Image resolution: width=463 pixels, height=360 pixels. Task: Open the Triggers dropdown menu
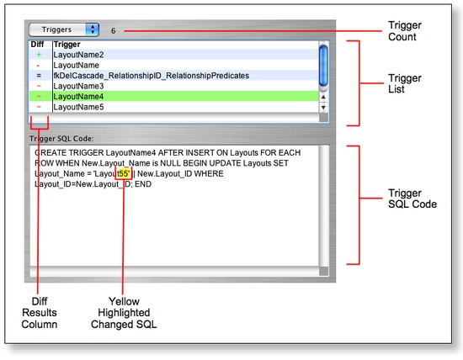click(x=63, y=29)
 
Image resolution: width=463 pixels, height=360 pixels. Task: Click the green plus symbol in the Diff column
click(x=39, y=54)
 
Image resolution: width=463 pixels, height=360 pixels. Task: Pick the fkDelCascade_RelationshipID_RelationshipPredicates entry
click(x=151, y=76)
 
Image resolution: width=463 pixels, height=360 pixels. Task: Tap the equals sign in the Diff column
click(x=39, y=76)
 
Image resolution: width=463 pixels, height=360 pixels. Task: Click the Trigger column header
click(x=67, y=44)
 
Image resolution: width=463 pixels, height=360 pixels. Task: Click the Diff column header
click(x=38, y=44)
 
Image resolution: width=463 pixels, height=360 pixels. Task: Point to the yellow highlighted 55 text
click(x=124, y=173)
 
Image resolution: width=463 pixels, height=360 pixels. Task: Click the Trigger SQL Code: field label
click(x=65, y=138)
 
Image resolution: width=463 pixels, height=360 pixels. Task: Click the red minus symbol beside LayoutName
click(x=39, y=65)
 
